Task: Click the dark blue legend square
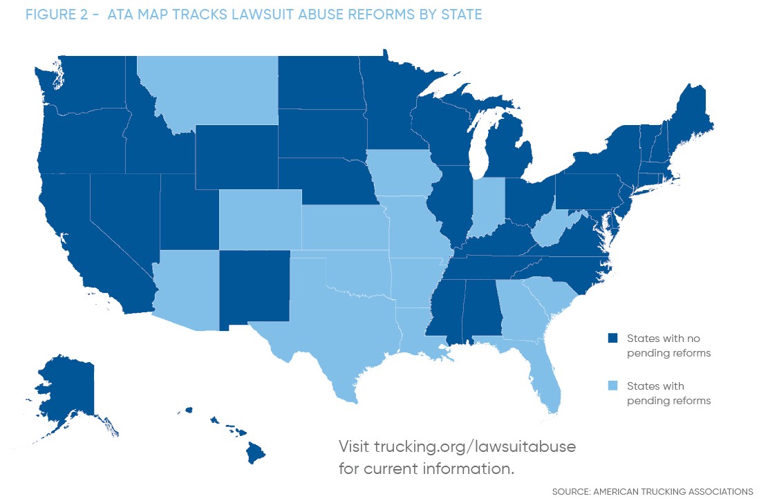tap(612, 339)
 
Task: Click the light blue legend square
tap(612, 386)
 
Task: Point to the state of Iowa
tap(401, 176)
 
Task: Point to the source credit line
tap(653, 491)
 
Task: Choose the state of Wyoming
tap(236, 157)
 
